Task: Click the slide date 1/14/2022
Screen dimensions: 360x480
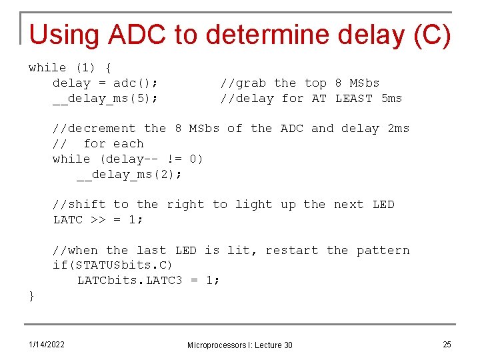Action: pyautogui.click(x=46, y=344)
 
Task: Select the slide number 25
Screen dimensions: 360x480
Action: pyautogui.click(x=447, y=344)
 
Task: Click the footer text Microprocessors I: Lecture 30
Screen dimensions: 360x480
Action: pyautogui.click(x=239, y=345)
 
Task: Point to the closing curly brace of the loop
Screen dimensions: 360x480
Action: pyautogui.click(x=31, y=295)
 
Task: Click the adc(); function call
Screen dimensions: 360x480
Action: pyautogui.click(x=135, y=83)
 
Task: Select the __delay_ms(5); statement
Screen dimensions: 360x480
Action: pyautogui.click(x=105, y=99)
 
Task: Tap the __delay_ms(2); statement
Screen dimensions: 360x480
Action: pyautogui.click(x=129, y=175)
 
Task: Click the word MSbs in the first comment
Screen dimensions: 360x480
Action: pyautogui.click(x=364, y=83)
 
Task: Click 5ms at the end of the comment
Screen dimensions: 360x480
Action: pyautogui.click(x=391, y=99)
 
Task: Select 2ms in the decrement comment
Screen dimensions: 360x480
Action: pyautogui.click(x=398, y=129)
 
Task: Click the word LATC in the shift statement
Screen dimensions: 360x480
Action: pyautogui.click(x=68, y=220)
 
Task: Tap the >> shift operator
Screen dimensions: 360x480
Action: pyautogui.click(x=97, y=220)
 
